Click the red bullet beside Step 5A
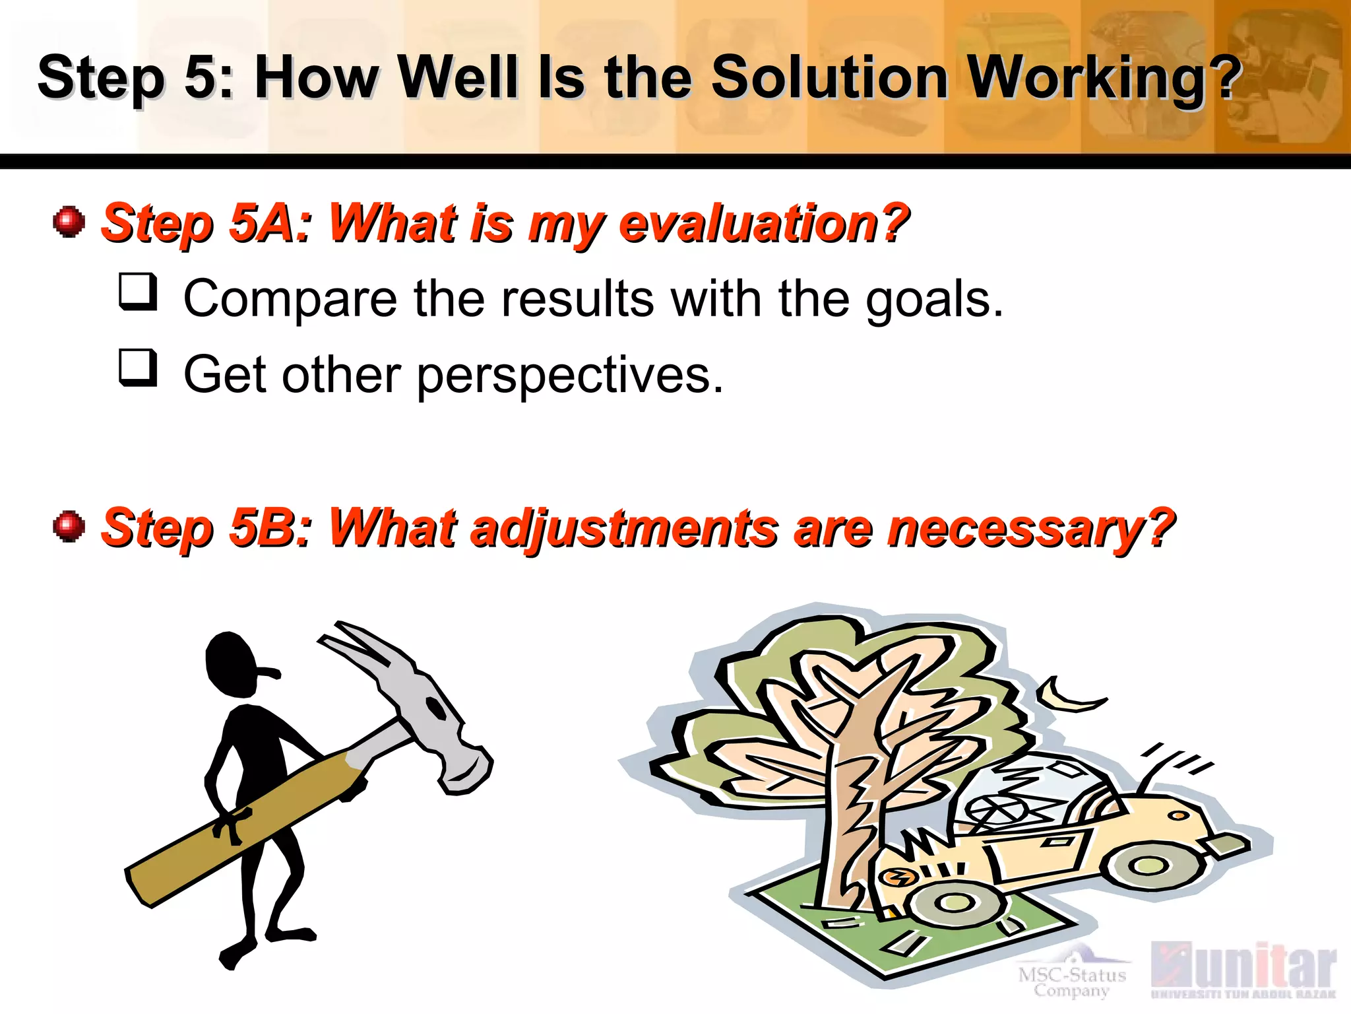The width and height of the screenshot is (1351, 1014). [x=69, y=221]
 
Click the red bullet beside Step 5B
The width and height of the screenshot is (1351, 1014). [x=69, y=526]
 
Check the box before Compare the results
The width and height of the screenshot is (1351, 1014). [x=138, y=291]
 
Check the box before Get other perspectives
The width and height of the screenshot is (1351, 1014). [x=138, y=367]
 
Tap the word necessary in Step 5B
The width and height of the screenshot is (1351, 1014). [x=1029, y=528]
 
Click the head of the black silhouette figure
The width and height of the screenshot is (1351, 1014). [x=231, y=663]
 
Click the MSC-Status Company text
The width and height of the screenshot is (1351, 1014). [x=1072, y=981]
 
